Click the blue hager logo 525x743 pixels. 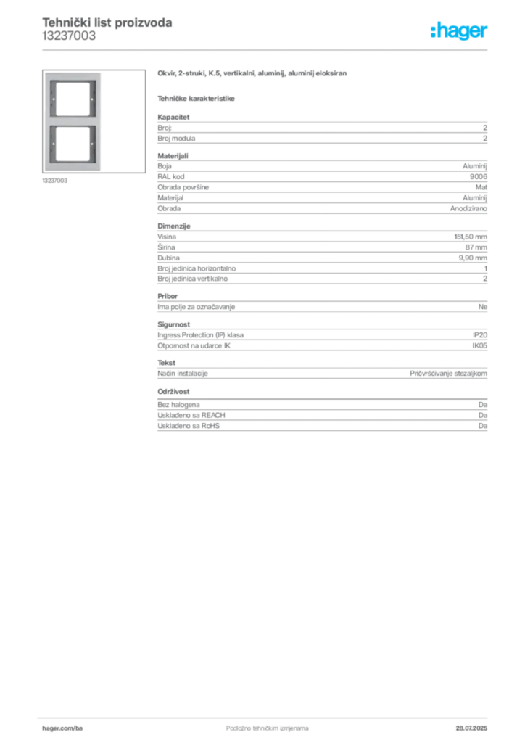pyautogui.click(x=460, y=32)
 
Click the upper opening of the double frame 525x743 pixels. pyautogui.click(x=74, y=98)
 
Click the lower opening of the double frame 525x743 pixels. pyautogui.click(x=74, y=144)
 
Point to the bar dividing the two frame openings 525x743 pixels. pyautogui.click(x=74, y=121)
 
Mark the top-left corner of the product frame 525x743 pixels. pyautogui.click(x=45, y=73)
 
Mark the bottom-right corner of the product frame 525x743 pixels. pyautogui.click(x=103, y=171)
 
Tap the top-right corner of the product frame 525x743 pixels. pyautogui.click(x=103, y=73)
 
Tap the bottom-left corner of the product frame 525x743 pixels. pyautogui.click(x=45, y=171)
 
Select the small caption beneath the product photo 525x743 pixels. pyautogui.click(x=55, y=181)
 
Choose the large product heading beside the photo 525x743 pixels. pyautogui.click(x=252, y=74)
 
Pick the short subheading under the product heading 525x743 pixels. pyautogui.click(x=197, y=98)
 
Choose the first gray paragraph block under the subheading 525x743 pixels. pyautogui.click(x=321, y=130)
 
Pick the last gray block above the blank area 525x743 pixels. pyautogui.click(x=321, y=418)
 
